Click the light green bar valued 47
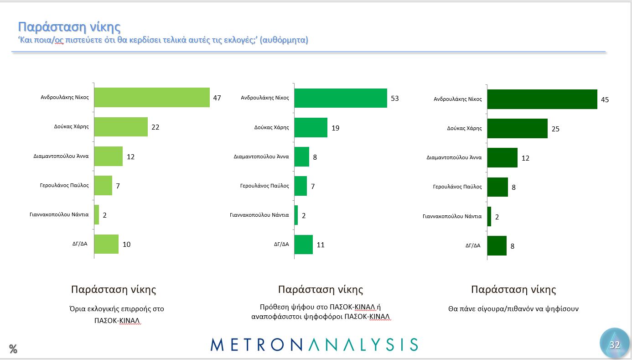152,98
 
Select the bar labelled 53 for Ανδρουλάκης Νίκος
341,98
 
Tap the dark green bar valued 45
542,99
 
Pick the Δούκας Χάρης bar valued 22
121,127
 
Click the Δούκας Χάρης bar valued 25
517,129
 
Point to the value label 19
336,128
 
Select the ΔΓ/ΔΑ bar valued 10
106,244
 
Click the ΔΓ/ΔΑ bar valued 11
304,245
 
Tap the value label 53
395,99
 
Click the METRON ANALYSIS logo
314,344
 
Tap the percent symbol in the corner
13,350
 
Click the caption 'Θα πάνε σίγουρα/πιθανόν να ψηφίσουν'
513,309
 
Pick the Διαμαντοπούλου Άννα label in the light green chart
61,156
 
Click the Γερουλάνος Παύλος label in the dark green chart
457,187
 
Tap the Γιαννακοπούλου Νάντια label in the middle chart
259,215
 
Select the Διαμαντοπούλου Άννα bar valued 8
302,157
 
